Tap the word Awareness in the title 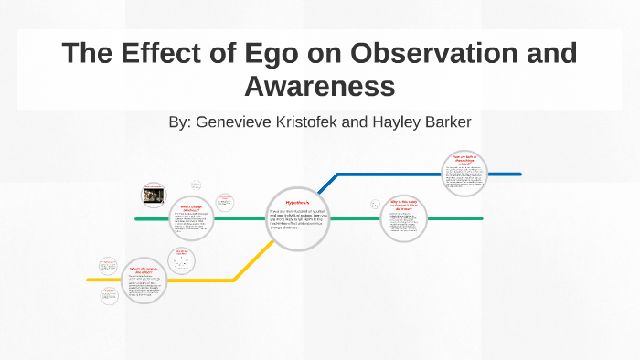click(x=319, y=86)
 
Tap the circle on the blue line click(x=465, y=174)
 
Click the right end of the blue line click(x=519, y=174)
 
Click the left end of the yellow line click(x=90, y=279)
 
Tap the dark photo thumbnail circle click(x=153, y=195)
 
